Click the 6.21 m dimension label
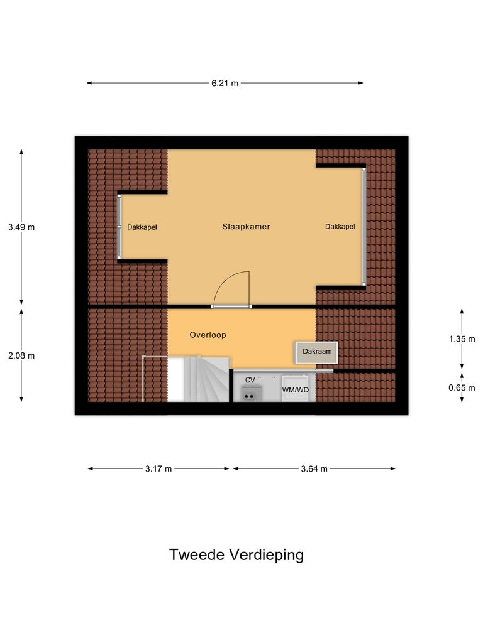(225, 83)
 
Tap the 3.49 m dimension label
(21, 227)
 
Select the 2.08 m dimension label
(21, 355)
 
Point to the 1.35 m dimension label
(462, 338)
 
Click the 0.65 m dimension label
(462, 387)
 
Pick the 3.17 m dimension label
(159, 468)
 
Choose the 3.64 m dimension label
(314, 468)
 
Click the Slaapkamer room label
(246, 227)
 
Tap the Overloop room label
(208, 335)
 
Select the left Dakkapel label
(142, 227)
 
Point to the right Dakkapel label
(340, 227)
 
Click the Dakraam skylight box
(317, 352)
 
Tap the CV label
(250, 380)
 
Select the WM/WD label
(296, 390)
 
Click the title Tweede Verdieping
(236, 555)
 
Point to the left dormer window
(118, 226)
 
